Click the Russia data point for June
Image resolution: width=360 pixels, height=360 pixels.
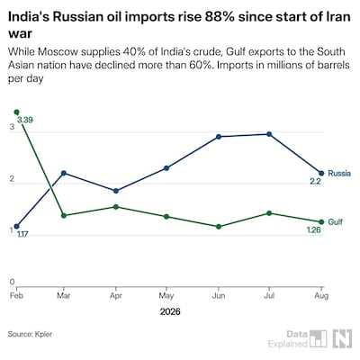click(219, 137)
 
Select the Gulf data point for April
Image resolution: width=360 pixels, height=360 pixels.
click(116, 207)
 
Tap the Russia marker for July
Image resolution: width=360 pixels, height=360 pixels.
click(269, 134)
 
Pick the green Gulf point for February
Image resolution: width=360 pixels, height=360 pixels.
click(16, 112)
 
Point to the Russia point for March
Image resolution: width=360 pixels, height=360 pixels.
click(64, 173)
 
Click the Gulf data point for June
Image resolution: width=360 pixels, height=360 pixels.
click(219, 227)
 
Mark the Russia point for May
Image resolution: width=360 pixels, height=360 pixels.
click(166, 168)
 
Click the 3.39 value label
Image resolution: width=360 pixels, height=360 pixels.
click(25, 121)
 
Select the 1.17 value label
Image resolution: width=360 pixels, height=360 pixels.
click(22, 234)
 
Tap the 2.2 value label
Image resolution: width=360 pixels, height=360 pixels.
click(315, 182)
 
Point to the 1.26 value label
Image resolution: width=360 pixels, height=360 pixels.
click(313, 230)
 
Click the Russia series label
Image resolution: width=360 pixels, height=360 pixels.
click(339, 174)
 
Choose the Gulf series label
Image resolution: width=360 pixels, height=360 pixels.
click(335, 222)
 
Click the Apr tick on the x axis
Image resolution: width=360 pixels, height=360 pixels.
click(116, 296)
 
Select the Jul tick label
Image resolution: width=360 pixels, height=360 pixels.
click(269, 296)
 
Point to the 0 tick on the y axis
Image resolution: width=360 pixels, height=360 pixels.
click(12, 282)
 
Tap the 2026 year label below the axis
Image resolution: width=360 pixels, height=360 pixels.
click(170, 311)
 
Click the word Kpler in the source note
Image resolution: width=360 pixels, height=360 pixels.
click(43, 334)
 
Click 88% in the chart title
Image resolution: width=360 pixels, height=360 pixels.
click(219, 17)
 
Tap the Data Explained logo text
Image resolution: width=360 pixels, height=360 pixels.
click(288, 338)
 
